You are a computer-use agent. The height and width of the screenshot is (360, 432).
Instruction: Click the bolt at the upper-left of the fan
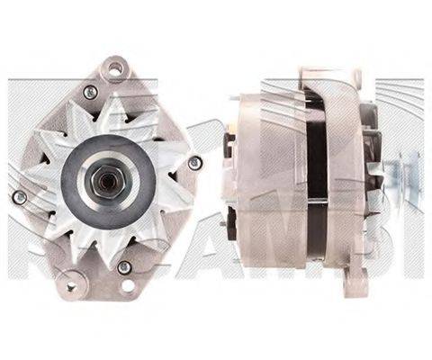pos(89,92)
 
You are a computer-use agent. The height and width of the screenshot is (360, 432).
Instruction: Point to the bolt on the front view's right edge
pos(194,162)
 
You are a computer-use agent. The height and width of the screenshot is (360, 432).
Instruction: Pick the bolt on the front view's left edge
pos(19,196)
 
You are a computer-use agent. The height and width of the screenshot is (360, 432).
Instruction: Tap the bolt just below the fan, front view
pos(124,267)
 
